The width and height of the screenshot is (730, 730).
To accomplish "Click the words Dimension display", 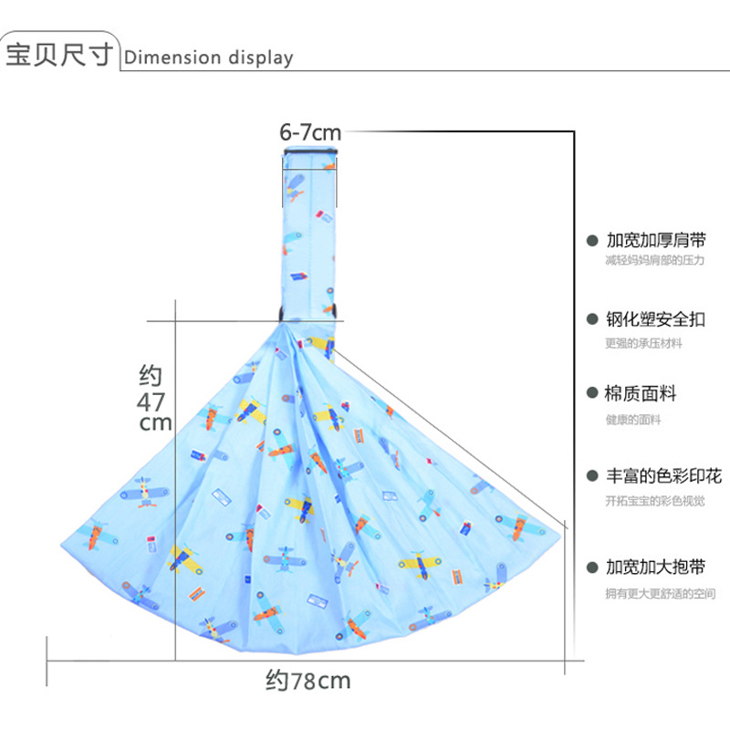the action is tap(209, 57).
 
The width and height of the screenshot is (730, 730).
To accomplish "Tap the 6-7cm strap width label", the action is tap(310, 132).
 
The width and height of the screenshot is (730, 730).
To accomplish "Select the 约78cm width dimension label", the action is tap(308, 680).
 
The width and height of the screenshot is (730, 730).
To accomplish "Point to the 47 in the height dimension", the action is tap(151, 401).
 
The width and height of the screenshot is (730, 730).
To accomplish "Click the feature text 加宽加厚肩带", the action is tap(656, 242).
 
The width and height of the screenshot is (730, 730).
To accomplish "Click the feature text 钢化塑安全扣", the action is tap(656, 319).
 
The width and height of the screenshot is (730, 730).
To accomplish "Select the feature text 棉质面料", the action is tap(641, 394).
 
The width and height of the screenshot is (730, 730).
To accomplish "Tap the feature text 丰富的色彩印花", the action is tap(663, 475).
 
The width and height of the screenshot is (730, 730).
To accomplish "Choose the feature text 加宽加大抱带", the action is tap(656, 568).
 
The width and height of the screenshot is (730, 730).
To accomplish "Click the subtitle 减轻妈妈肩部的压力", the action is tap(654, 261).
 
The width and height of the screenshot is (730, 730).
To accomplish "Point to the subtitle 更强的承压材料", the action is tap(643, 343).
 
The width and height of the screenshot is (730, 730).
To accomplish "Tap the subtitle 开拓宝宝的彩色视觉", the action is tap(654, 500).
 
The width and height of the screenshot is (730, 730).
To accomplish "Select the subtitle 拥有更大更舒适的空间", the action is tap(660, 594).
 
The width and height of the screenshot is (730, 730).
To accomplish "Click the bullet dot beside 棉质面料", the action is tap(591, 395).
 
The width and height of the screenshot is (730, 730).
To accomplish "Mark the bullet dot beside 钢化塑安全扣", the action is tap(591, 319).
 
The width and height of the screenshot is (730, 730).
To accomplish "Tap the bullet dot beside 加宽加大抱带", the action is tap(591, 568).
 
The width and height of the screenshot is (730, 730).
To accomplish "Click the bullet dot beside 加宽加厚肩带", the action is tap(591, 242).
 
